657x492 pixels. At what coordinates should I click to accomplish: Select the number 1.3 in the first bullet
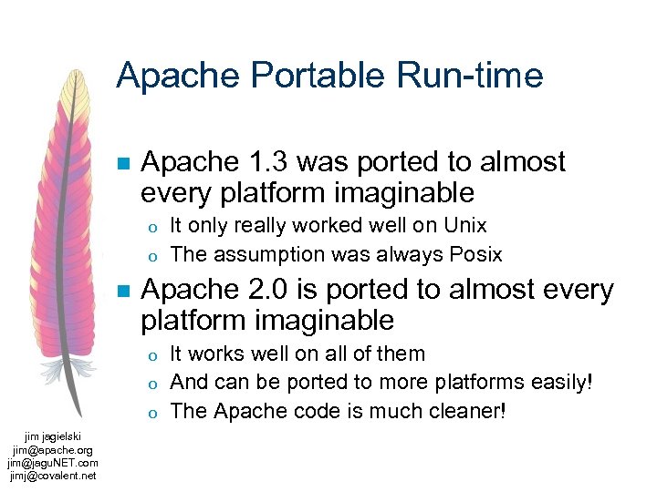(266, 162)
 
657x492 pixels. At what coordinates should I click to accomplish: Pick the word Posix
(473, 253)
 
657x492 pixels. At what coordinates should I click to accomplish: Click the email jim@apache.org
(53, 450)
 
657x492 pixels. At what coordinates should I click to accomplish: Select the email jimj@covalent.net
(53, 475)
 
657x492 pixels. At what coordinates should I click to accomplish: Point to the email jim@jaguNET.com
(53, 463)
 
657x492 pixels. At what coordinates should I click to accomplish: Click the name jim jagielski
(53, 437)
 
